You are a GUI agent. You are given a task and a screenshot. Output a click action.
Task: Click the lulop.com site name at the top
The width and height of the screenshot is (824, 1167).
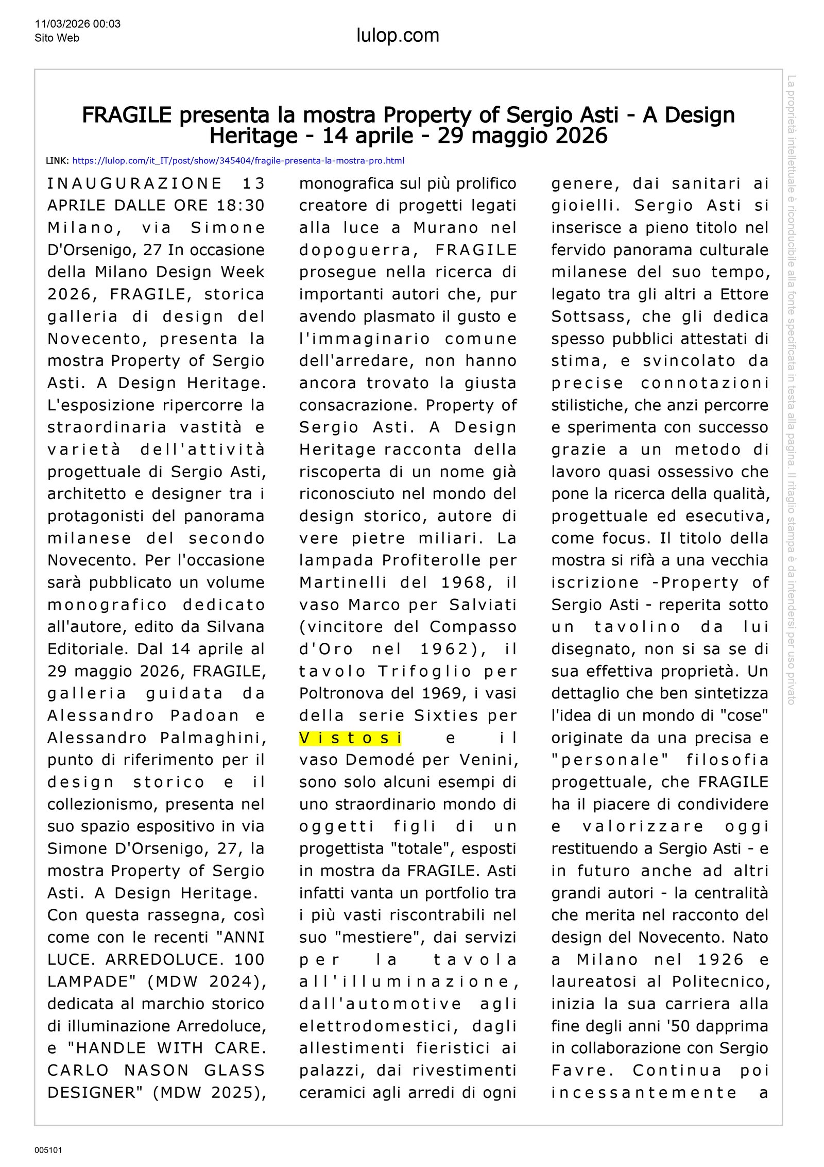[398, 36]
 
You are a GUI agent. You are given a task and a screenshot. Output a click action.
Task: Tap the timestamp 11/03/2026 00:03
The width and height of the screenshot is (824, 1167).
[78, 24]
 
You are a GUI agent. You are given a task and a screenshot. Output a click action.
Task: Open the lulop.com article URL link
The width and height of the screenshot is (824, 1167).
[238, 161]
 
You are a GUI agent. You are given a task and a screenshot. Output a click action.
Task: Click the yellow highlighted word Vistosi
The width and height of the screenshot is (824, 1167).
[350, 738]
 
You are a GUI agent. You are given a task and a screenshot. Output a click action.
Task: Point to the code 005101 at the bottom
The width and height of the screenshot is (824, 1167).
[48, 1150]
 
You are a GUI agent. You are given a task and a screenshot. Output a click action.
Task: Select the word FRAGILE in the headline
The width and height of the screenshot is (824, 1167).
[127, 115]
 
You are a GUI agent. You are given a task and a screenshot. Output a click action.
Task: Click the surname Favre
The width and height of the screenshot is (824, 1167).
[582, 1071]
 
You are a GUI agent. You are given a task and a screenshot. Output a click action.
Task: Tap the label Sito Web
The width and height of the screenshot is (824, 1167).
[57, 38]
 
